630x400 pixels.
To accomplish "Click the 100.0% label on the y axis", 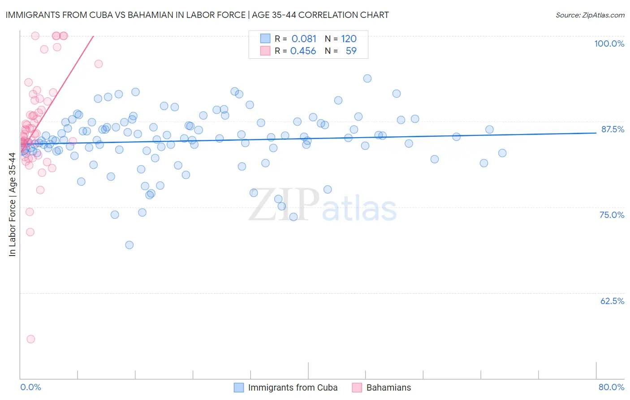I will coord(609,43).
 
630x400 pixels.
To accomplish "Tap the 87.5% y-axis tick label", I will coord(613,129).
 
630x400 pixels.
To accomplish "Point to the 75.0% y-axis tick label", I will coord(612,215).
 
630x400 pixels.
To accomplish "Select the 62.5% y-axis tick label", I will coord(612,301).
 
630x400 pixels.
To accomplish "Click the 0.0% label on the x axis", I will coord(30,387).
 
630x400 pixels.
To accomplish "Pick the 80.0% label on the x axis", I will coord(611,387).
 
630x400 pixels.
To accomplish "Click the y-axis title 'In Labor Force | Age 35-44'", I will coord(12,204).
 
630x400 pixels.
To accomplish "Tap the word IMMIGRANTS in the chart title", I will coord(30,15).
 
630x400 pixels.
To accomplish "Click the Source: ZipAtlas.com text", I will coord(590,15).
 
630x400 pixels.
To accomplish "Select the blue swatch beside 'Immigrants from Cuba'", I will coord(239,387).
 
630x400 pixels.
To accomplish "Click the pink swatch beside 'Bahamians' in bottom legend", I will coord(357,387).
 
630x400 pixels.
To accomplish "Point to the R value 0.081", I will coord(304,39).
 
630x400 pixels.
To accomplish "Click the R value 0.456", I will coord(303,51).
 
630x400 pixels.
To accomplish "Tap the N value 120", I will coord(349,39).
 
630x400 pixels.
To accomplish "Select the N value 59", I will coord(351,51).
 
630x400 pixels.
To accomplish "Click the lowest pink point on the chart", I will coord(31,339).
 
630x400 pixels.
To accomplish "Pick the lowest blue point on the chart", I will coord(129,245).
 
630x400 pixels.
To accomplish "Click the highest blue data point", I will coord(367,78).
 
